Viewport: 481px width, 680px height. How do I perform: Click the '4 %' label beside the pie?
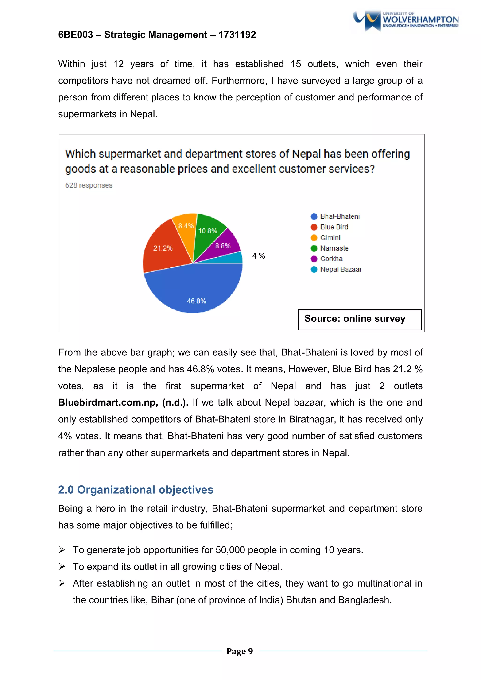pyautogui.click(x=259, y=256)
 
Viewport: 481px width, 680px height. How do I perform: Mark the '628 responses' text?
pyautogui.click(x=89, y=185)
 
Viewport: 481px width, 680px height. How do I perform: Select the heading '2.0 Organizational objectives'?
pyautogui.click(x=136, y=490)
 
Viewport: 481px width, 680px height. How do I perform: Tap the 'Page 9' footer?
pyautogui.click(x=240, y=651)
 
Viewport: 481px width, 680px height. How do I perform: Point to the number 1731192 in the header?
pyautogui.click(x=237, y=35)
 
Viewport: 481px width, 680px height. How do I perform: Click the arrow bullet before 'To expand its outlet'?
pyautogui.click(x=62, y=567)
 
